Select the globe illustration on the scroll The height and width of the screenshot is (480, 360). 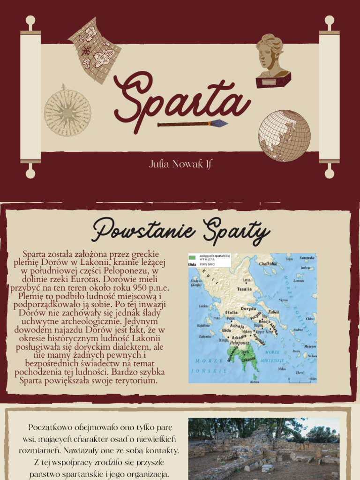284,135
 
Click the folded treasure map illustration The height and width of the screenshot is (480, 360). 95,50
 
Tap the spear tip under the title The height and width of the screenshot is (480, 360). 218,124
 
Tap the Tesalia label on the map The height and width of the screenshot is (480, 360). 244,289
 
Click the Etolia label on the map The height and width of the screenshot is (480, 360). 232,312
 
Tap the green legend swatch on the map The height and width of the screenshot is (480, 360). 192,258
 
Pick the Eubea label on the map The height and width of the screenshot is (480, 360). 273,312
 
